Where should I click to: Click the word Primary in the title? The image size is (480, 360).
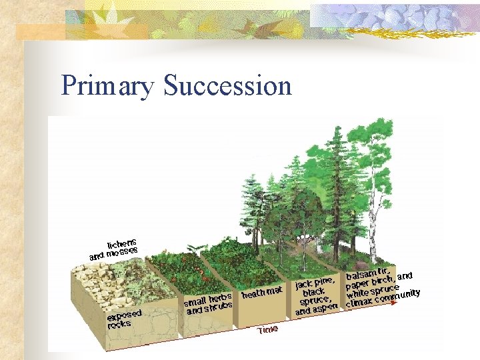[x=107, y=86]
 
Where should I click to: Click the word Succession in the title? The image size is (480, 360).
[x=227, y=86]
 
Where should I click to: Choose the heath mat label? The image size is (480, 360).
[x=262, y=293]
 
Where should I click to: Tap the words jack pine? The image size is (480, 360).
[x=315, y=283]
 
